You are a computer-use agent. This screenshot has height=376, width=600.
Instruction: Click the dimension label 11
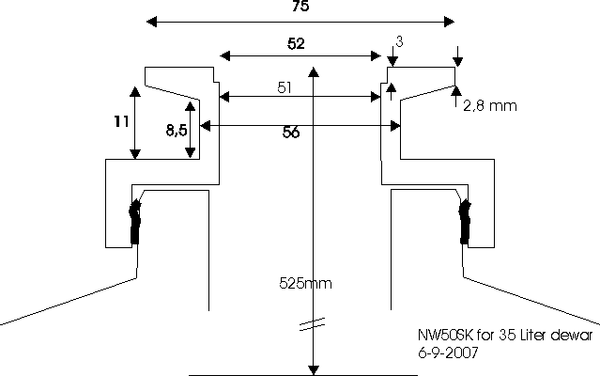click(117, 122)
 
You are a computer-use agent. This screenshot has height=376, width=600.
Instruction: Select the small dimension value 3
click(399, 42)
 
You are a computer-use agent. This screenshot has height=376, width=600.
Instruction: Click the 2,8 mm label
click(490, 106)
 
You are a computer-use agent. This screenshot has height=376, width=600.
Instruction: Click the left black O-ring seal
click(135, 223)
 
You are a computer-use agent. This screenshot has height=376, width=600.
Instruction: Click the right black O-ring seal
click(463, 223)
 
